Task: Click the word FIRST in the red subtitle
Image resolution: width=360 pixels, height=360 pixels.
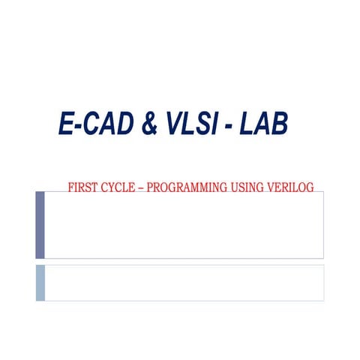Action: point(82,187)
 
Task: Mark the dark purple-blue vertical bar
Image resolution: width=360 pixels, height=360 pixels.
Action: point(40,225)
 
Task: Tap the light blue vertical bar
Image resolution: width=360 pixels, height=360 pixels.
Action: point(40,283)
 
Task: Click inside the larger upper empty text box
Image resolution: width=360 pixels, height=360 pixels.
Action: point(184,225)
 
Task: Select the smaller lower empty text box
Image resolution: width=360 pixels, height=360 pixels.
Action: point(184,283)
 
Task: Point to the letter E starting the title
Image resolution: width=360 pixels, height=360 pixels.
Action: point(65,124)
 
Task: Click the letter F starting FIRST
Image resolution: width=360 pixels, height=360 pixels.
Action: point(70,187)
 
